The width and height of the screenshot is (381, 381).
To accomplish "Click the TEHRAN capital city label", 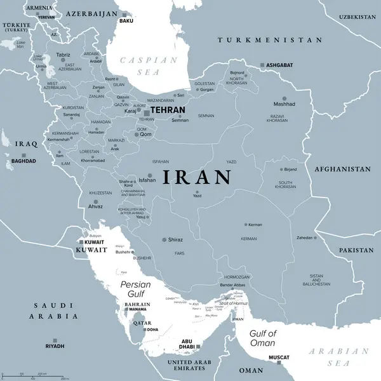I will pos(168,110).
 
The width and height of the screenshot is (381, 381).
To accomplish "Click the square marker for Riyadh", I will pos(55,340).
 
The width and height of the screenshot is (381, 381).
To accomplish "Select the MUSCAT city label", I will pos(279,358).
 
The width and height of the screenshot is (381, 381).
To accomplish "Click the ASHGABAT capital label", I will pos(279,65).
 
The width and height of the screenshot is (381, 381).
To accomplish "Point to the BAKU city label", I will pos(126,21).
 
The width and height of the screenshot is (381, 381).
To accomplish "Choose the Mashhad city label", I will pos(284,104).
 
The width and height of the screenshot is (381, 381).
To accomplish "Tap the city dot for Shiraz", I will pos(164,240).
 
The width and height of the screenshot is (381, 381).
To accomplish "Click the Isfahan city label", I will pos(147,180).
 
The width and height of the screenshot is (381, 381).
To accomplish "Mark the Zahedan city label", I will pos(305,237).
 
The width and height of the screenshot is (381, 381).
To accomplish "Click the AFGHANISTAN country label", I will pos(342,170).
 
